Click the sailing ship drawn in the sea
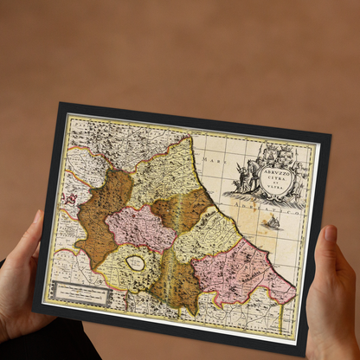pos(272,222)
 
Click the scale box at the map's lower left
pos(80,294)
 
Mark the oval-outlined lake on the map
pos(135,260)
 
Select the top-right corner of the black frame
pos(330,136)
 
